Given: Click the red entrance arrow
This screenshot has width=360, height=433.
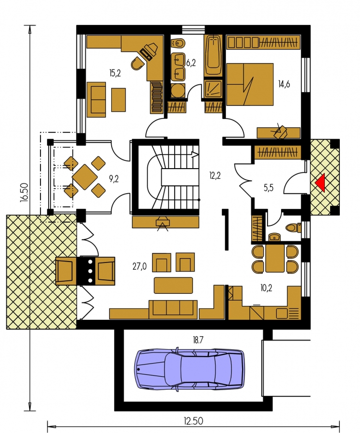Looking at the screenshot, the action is pyautogui.click(x=321, y=183).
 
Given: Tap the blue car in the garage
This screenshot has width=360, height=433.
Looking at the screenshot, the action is pyautogui.click(x=190, y=369).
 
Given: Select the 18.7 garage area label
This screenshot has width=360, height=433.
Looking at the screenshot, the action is pyautogui.click(x=198, y=340).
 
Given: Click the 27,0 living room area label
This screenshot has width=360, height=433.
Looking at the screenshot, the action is pyautogui.click(x=140, y=266).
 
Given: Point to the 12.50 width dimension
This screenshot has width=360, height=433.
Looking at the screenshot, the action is pyautogui.click(x=193, y=421).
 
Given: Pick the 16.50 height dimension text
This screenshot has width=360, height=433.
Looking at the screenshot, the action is pyautogui.click(x=24, y=193).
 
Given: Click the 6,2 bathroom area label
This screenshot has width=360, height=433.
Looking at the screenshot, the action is pyautogui.click(x=191, y=63).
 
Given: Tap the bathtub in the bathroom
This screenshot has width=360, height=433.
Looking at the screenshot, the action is pyautogui.click(x=213, y=55).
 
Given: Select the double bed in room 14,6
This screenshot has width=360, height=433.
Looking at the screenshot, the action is pyautogui.click(x=250, y=84).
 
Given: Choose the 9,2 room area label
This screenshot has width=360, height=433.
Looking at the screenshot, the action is pyautogui.click(x=114, y=179).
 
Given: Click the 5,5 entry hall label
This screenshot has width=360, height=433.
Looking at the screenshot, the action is pyautogui.click(x=269, y=188).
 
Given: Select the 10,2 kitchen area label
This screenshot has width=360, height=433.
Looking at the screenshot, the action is pyautogui.click(x=266, y=288).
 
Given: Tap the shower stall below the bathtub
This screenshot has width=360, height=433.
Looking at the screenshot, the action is pyautogui.click(x=213, y=90).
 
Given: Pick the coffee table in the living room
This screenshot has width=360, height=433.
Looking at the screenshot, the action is pyautogui.click(x=173, y=286).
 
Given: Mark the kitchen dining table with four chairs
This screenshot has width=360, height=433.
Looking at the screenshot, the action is pyautogui.click(x=275, y=259).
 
